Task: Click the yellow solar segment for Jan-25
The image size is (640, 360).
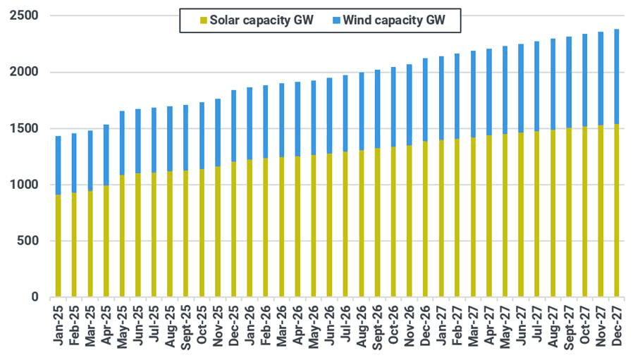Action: pos(58,246)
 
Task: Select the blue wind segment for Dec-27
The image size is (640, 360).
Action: pos(617,76)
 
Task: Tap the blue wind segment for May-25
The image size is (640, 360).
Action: pos(122,143)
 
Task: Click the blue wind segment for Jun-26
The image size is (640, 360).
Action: pos(329,116)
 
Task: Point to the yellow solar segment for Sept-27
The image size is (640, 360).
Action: pos(569,212)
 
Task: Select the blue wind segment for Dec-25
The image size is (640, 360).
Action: pos(234,125)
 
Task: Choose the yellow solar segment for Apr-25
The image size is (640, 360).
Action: pos(106,241)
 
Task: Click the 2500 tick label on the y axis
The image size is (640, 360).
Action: pos(24,15)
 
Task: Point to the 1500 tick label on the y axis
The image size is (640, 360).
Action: pos(24,128)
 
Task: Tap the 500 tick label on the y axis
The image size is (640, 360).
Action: pos(27,240)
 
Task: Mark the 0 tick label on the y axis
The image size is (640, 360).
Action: pos(35,297)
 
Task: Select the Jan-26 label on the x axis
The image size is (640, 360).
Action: pos(250,325)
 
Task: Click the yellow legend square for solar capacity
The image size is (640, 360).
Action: pos(204,20)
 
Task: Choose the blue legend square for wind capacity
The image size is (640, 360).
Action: pos(336,20)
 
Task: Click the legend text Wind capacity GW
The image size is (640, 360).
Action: pos(394,20)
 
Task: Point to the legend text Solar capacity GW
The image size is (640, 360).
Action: pos(261,20)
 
